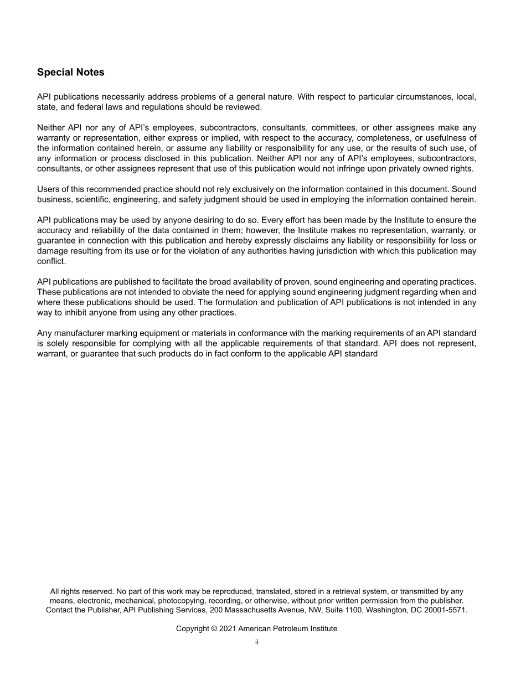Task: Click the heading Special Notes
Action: (x=70, y=73)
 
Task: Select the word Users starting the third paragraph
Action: (x=48, y=189)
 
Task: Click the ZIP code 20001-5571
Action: (x=445, y=610)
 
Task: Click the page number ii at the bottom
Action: (x=257, y=642)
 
